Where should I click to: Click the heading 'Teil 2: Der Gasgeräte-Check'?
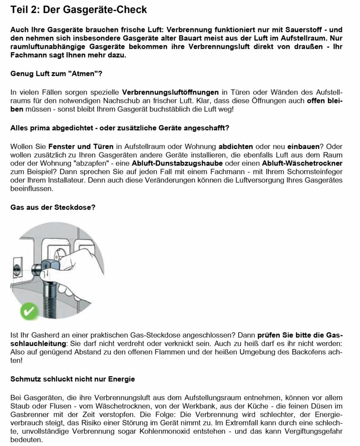pyautogui.click(x=78, y=10)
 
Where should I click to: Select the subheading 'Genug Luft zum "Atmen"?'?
pyautogui.click(x=56, y=74)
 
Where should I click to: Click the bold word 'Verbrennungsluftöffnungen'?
pyautogui.click(x=170, y=93)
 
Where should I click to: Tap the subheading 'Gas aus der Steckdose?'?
pyautogui.click(x=53, y=207)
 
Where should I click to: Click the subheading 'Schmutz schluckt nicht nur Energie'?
pyautogui.click(x=72, y=379)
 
